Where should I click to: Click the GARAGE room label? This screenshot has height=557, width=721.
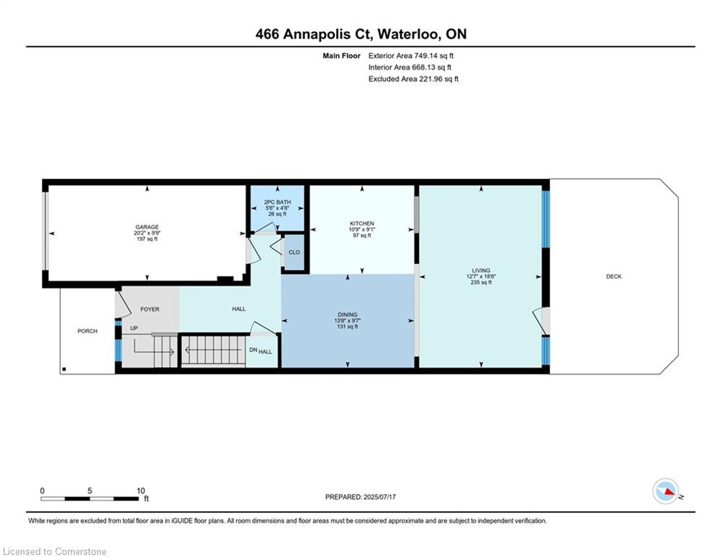point(147,227)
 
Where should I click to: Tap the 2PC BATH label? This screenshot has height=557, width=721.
point(278,202)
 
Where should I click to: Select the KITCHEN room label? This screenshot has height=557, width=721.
point(362,223)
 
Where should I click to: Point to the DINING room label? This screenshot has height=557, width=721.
point(347,315)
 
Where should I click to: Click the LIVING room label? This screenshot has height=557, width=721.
point(481,271)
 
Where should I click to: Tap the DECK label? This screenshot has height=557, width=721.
point(614,276)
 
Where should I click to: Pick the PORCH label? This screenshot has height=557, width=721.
point(88,331)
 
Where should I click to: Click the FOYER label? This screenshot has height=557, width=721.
point(150,310)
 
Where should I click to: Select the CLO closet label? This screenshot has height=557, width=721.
point(294,252)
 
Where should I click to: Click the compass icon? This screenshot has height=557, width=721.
point(666,491)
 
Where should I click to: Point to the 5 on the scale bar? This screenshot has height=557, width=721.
point(90,491)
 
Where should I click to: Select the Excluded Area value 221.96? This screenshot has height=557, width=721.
point(430,79)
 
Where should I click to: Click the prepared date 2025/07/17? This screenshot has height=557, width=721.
point(380,497)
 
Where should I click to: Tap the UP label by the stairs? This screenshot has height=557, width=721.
point(134,329)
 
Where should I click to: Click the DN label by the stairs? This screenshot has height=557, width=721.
point(253,350)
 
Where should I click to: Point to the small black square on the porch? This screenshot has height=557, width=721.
point(64,369)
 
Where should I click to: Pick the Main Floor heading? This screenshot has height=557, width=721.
point(341,56)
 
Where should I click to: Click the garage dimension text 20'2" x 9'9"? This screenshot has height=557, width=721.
point(147,233)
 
